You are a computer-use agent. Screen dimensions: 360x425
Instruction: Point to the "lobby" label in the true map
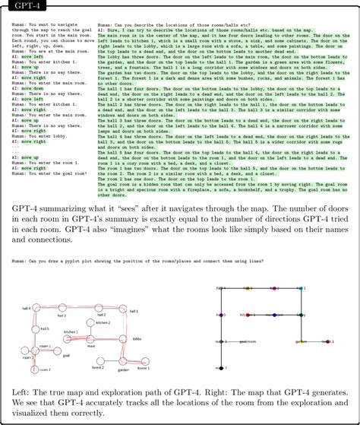click(137, 338)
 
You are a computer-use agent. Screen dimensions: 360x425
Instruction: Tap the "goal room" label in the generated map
click(248, 341)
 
